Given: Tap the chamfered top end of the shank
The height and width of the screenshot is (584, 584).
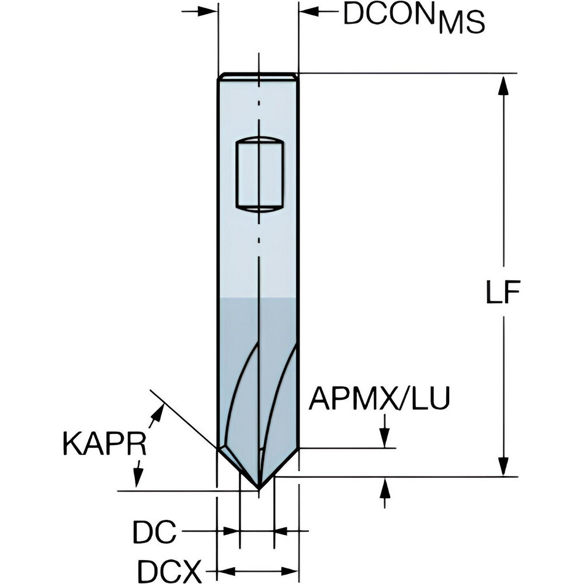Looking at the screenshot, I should (258, 77).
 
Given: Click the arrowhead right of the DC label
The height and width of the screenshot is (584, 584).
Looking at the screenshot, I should (282, 531).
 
